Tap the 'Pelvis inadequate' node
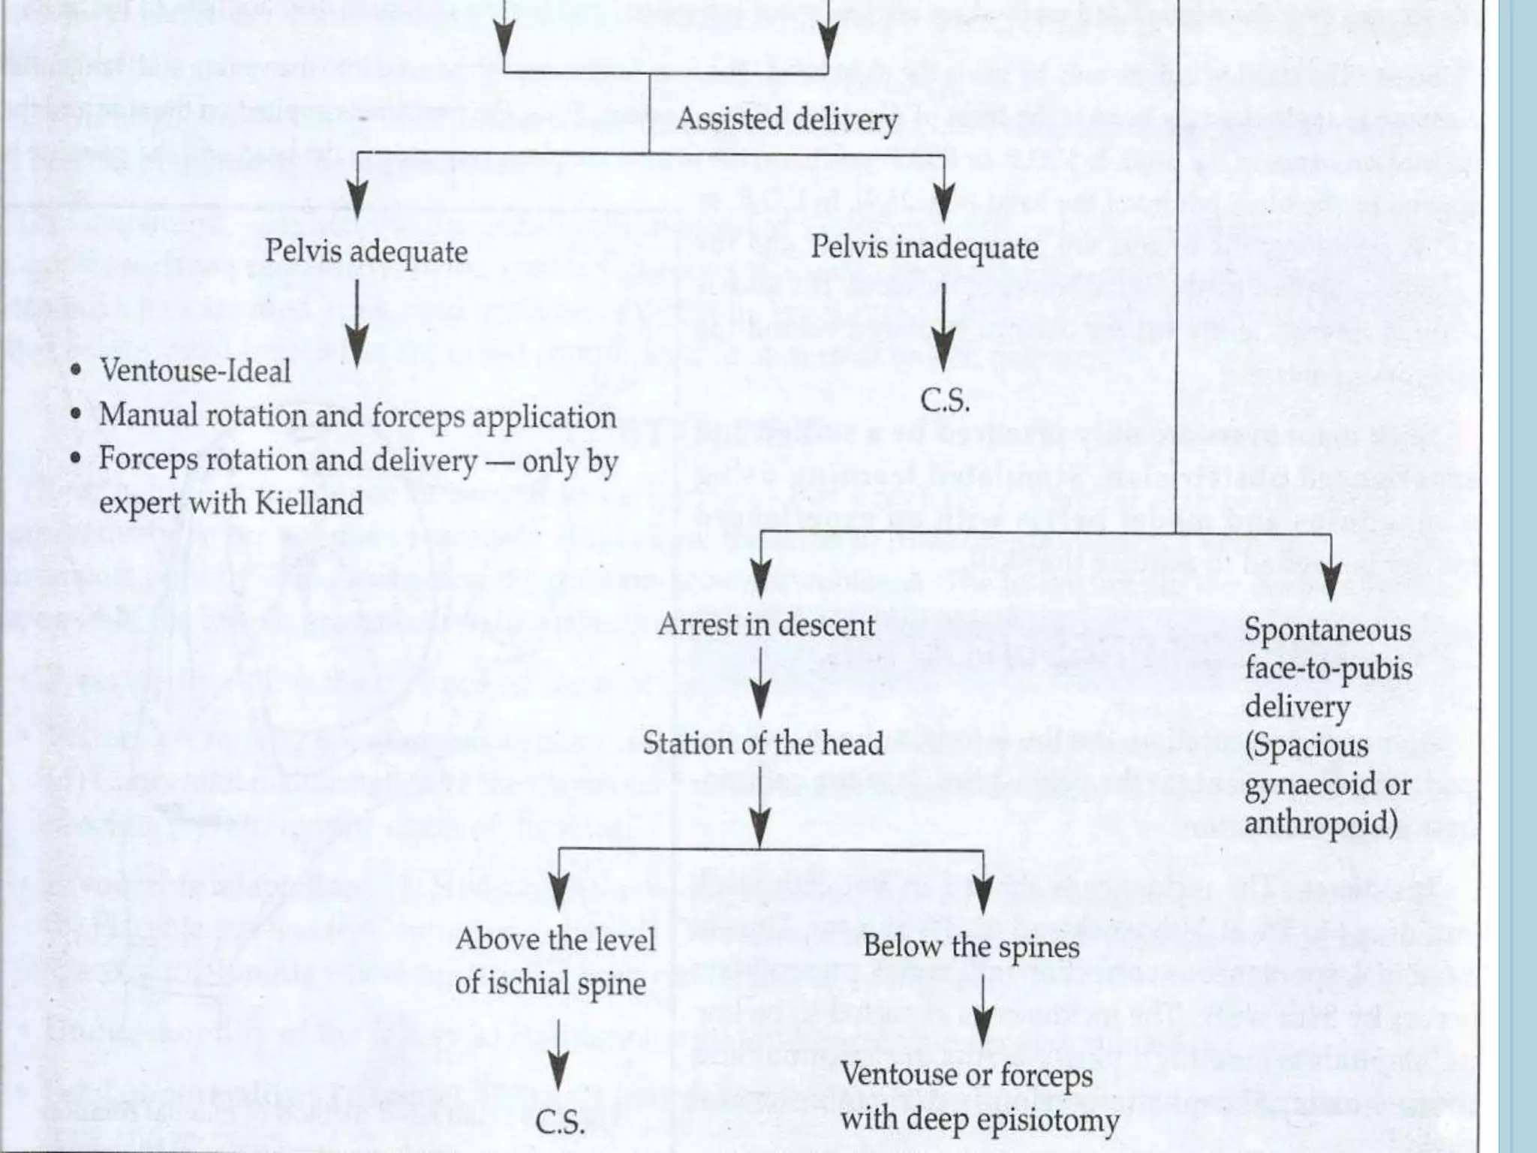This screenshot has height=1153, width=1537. click(x=925, y=248)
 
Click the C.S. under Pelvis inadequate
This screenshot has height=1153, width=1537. click(x=946, y=400)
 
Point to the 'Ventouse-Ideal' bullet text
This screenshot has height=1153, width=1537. click(x=195, y=371)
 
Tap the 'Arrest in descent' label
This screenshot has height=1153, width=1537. click(x=766, y=625)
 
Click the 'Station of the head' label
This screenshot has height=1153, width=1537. click(x=763, y=744)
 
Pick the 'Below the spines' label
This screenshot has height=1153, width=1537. click(x=971, y=946)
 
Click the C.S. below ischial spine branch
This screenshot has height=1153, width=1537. click(x=560, y=1122)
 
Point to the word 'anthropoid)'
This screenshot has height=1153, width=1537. click(x=1320, y=823)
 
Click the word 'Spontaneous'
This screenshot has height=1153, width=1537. click(x=1328, y=631)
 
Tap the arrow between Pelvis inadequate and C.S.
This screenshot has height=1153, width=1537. click(x=944, y=327)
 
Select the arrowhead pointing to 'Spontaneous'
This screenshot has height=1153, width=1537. click(x=1331, y=584)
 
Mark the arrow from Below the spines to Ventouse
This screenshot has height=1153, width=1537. click(x=983, y=1013)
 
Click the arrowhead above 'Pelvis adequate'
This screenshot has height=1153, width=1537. click(x=358, y=200)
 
